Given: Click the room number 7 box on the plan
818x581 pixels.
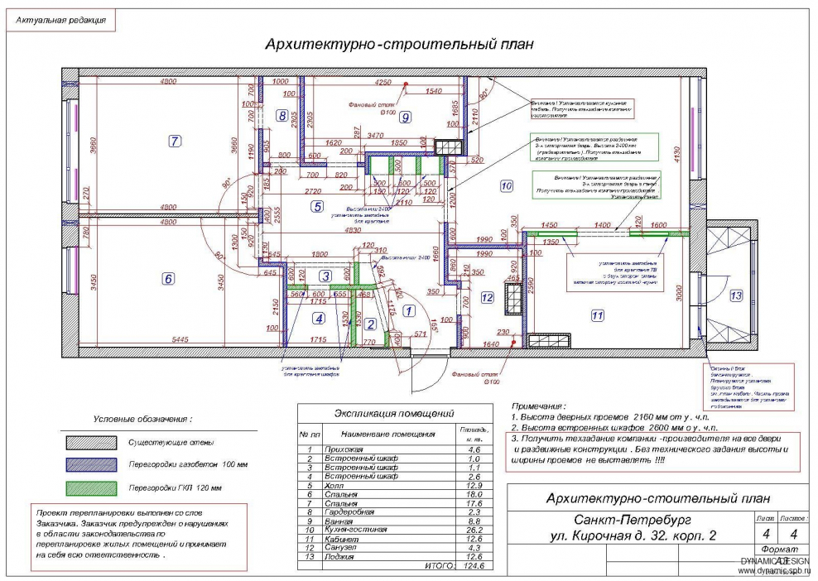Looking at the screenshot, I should coord(174,141).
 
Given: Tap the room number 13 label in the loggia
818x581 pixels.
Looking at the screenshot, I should coord(736,295).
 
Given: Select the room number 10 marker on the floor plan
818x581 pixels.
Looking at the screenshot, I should coord(506,186).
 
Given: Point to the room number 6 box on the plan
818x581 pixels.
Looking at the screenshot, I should coord(168,279).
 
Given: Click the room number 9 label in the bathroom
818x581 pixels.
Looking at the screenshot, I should coord(405,118).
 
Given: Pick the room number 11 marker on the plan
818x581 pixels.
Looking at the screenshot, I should coord(596,315).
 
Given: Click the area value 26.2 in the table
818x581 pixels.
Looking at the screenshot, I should coord(474,530).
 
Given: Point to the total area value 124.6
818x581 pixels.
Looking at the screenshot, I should coord(474,566).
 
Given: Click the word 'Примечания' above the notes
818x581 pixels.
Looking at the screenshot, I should coord(538,407).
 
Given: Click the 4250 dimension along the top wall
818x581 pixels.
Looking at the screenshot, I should coord(383,83).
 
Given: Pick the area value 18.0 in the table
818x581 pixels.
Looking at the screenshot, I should coord(474,494).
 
